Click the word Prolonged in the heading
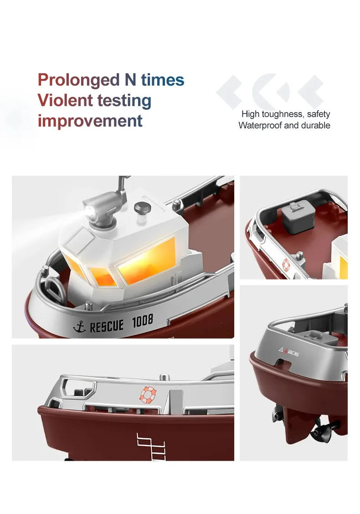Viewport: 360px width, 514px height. point(79,81)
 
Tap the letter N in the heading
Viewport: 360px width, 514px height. point(130,80)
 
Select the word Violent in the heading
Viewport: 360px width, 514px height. point(65,100)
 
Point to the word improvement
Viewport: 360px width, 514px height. point(90,121)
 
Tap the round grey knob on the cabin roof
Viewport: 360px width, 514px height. point(143,208)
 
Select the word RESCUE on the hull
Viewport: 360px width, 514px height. point(107,326)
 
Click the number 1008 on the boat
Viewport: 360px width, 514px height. point(143,320)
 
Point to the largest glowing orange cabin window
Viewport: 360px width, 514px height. point(147,260)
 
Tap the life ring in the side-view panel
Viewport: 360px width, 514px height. point(148,394)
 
